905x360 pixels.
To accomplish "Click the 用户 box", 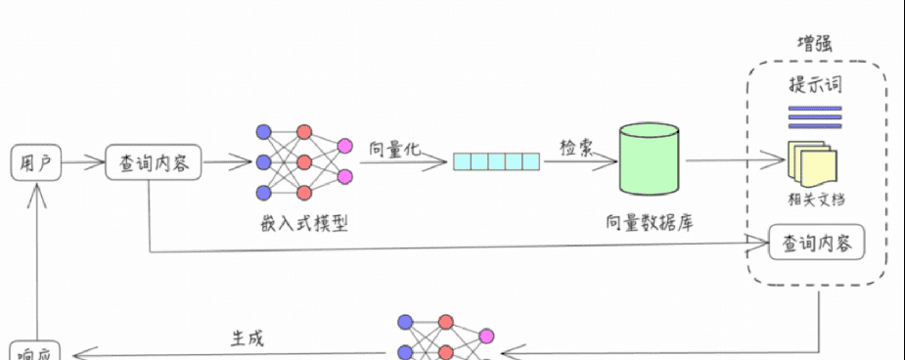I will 35,163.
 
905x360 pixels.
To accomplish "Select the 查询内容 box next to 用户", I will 154,163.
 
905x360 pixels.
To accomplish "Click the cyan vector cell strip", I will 496,162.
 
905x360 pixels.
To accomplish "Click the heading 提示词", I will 815,85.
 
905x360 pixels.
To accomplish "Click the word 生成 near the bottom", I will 247,338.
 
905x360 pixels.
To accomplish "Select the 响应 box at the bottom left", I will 35,351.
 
